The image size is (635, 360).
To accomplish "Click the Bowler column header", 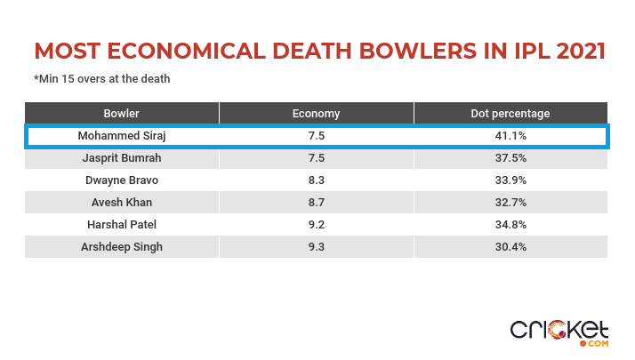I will pyautogui.click(x=122, y=114).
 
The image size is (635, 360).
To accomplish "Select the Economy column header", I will pyautogui.click(x=316, y=114).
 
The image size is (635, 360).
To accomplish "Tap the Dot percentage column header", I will pyautogui.click(x=510, y=114).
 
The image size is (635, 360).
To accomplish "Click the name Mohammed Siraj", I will pyautogui.click(x=122, y=136).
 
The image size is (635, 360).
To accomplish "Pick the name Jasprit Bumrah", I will pyautogui.click(x=122, y=158).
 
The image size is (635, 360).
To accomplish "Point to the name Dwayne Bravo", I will pyautogui.click(x=122, y=180).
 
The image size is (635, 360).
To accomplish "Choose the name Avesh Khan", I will pyautogui.click(x=122, y=203).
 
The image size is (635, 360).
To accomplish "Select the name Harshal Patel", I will pyautogui.click(x=122, y=225).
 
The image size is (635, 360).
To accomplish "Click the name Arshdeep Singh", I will pyautogui.click(x=122, y=247).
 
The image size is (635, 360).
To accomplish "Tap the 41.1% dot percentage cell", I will pyautogui.click(x=510, y=136).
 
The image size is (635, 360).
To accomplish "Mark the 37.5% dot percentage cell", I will pyautogui.click(x=510, y=158).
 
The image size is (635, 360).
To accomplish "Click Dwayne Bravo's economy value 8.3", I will pyautogui.click(x=316, y=180).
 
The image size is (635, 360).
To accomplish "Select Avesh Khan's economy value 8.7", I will pyautogui.click(x=316, y=203).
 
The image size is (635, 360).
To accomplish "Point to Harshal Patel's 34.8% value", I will pyautogui.click(x=510, y=225).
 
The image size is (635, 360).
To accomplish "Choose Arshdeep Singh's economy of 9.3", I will pyautogui.click(x=316, y=247).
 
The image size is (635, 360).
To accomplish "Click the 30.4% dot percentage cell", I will pyautogui.click(x=510, y=247).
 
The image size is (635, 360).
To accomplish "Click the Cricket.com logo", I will pyautogui.click(x=559, y=331).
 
